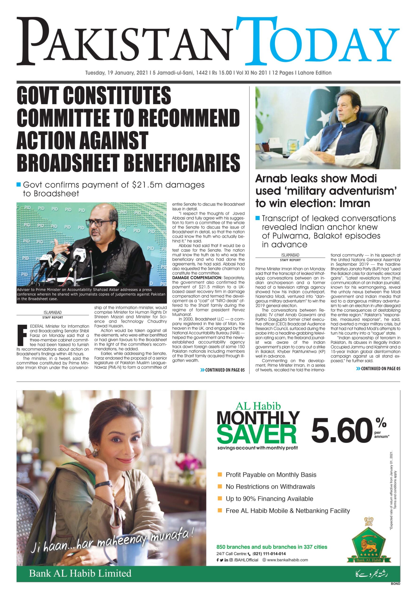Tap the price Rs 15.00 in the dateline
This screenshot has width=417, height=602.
pyautogui.click(x=222, y=73)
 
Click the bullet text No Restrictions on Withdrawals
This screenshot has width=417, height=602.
pyautogui.click(x=270, y=487)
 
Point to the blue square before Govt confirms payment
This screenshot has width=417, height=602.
pyautogui.click(x=19, y=185)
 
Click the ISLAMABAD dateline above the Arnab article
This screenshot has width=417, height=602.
pyautogui.click(x=290, y=255)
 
